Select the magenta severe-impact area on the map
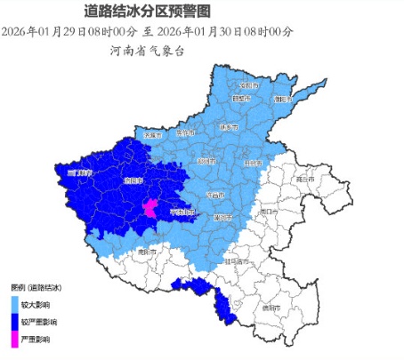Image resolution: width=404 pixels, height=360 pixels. [150, 210]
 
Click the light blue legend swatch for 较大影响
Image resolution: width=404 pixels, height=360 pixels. [13, 303]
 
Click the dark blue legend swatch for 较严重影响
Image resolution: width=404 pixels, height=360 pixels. [13, 321]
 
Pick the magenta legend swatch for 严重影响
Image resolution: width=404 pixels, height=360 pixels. [13, 339]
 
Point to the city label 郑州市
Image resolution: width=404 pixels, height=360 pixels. [206, 161]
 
